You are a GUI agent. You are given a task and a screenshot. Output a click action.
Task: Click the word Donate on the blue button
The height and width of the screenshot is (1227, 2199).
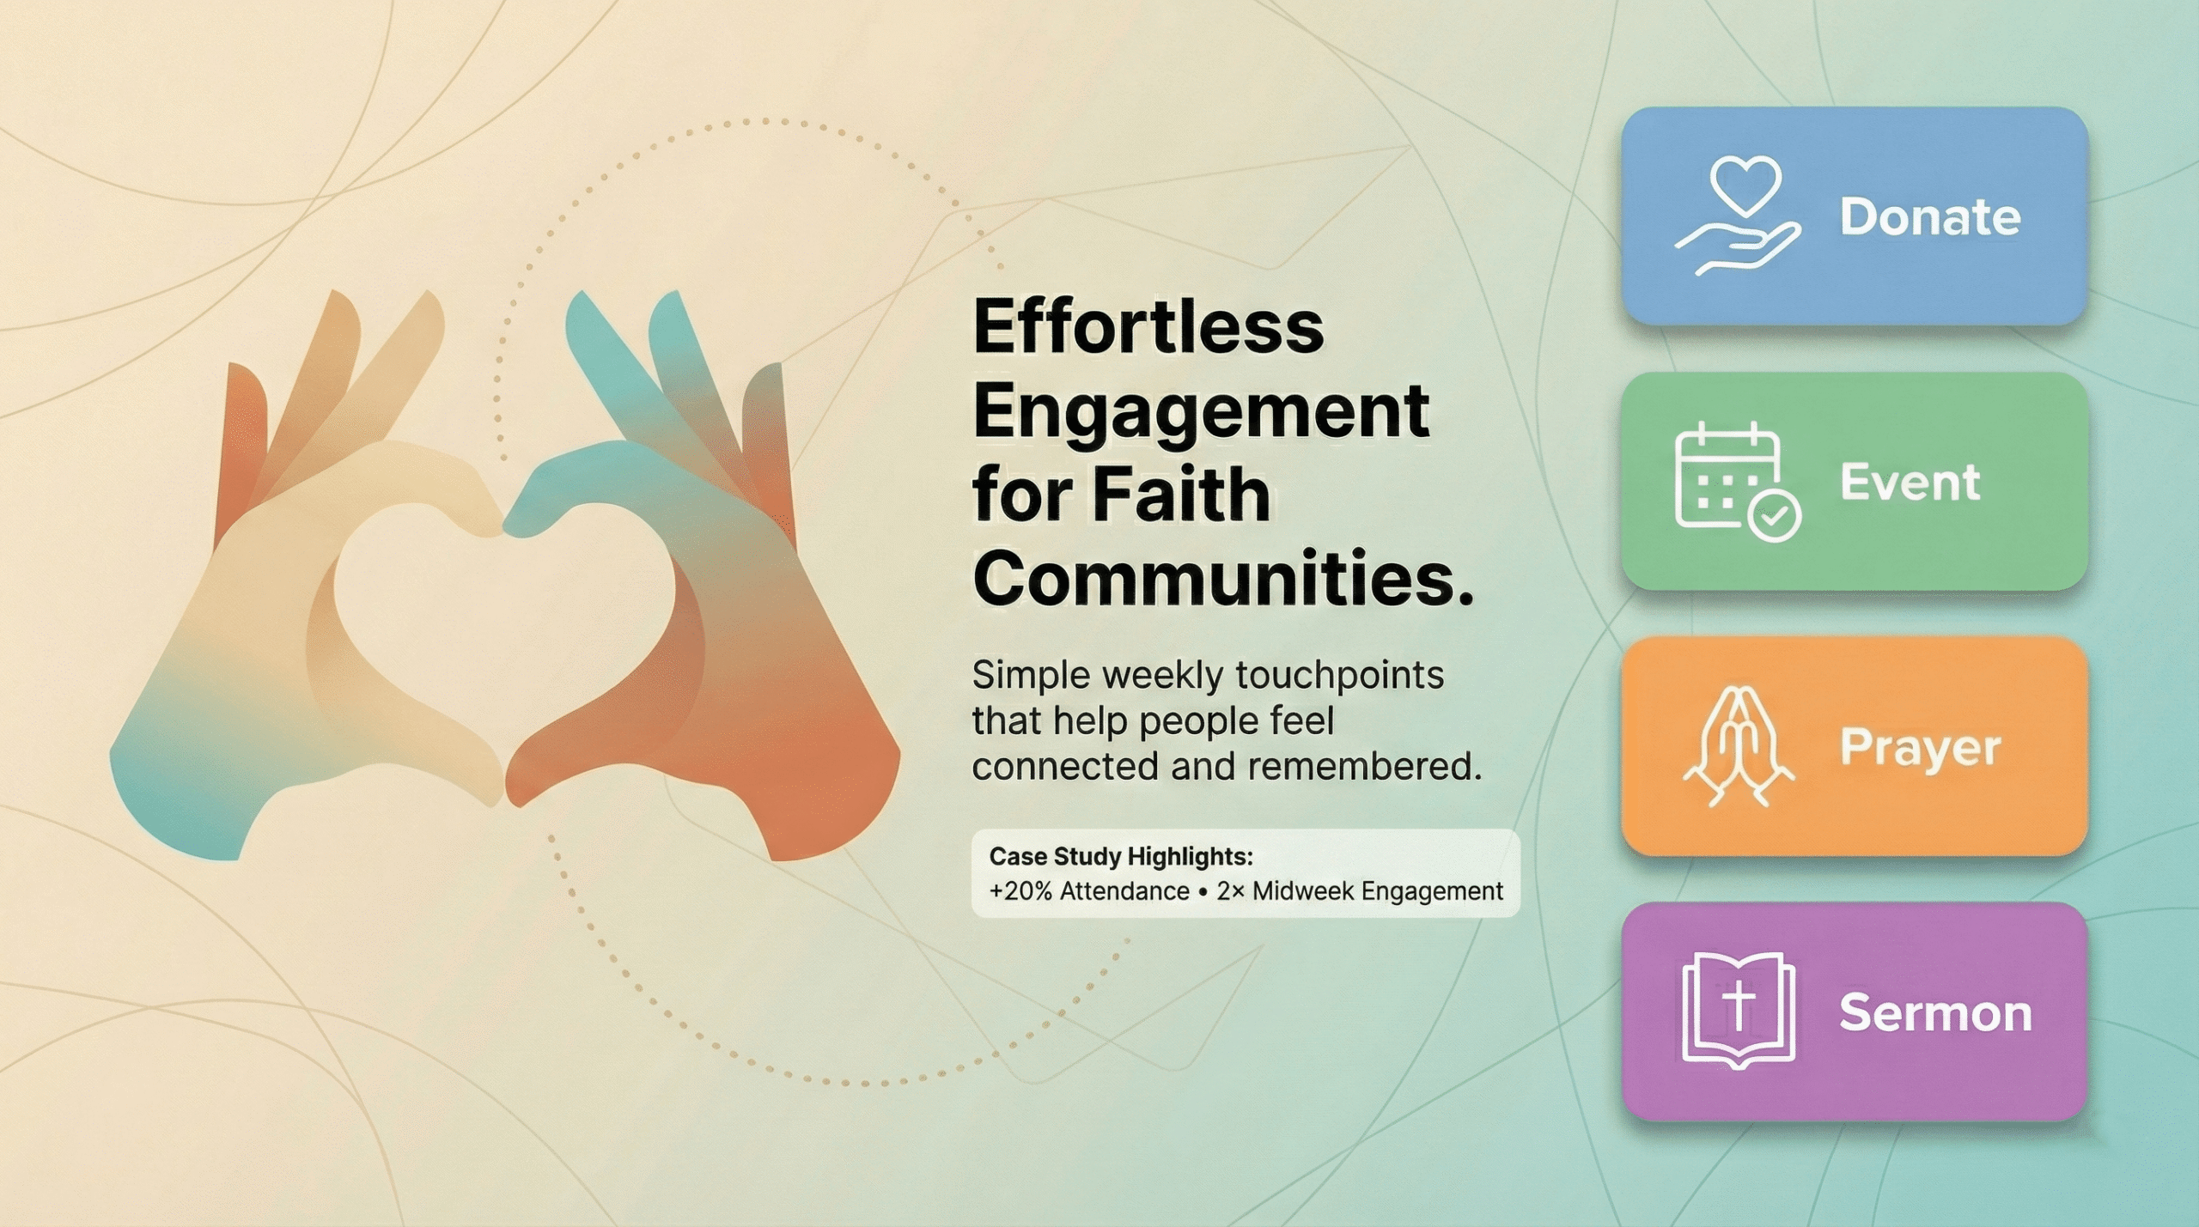(x=1930, y=216)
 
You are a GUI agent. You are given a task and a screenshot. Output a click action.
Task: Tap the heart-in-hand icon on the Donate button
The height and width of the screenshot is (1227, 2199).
(x=1737, y=216)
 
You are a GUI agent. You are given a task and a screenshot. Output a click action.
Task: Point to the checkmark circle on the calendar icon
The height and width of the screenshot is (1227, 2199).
(x=1775, y=516)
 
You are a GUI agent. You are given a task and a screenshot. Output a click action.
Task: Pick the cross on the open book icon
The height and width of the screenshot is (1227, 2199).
(x=1739, y=1005)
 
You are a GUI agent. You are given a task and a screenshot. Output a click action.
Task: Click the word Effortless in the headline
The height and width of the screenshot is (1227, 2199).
(x=1148, y=327)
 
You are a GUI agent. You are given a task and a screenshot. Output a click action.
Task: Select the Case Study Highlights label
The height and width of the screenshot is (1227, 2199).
(x=1121, y=856)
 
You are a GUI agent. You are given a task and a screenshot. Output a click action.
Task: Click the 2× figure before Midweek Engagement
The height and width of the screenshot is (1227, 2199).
(x=1230, y=891)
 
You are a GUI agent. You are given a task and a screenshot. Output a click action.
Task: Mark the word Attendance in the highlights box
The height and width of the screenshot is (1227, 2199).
(x=1124, y=891)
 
